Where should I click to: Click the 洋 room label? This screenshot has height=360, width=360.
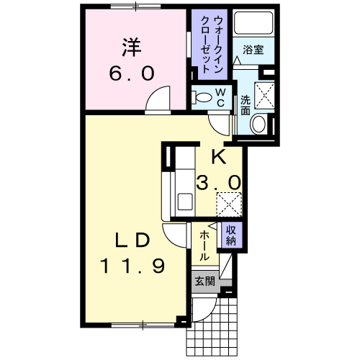pos(132,47)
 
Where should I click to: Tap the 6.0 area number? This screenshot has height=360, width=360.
pos(132,73)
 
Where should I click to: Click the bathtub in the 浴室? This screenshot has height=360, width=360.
pos(253,23)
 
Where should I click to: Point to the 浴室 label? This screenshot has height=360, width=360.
pos(253,50)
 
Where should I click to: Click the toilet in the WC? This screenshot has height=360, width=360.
pos(202,97)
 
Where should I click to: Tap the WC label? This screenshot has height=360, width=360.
pos(220,97)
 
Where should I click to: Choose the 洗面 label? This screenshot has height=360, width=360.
pos(246,105)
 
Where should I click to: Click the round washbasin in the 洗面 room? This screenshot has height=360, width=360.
pos(258,124)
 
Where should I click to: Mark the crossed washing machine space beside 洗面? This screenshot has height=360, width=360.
pos(264,96)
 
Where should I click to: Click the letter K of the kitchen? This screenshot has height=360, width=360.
pos(219,157)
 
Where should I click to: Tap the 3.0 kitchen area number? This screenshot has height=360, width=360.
pos(218,182)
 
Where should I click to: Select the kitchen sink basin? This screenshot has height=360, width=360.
pos(185,201)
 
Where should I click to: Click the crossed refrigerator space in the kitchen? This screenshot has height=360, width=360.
pos(229,204)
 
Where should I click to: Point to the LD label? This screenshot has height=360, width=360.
pos(132,240)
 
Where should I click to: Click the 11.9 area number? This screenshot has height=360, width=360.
pos(132,266)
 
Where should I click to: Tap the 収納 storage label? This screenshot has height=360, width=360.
pos(231,235)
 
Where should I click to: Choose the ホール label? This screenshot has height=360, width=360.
pos(204,246)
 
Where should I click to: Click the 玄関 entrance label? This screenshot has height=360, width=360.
pos(204,281)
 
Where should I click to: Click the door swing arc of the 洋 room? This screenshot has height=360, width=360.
pos(153,94)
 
